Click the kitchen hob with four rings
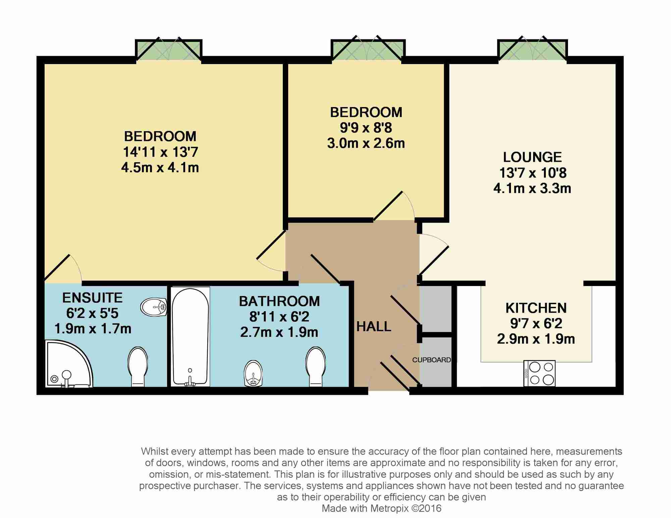click(x=539, y=373)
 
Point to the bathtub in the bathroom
click(x=190, y=336)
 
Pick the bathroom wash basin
click(x=253, y=373)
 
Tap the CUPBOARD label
click(x=431, y=360)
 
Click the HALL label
click(x=374, y=326)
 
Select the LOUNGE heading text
click(x=532, y=157)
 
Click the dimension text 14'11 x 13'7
click(x=160, y=152)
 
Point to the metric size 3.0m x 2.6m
click(x=366, y=143)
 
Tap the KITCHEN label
click(x=536, y=308)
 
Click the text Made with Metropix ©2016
click(x=381, y=508)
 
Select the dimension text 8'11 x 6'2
click(x=279, y=317)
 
